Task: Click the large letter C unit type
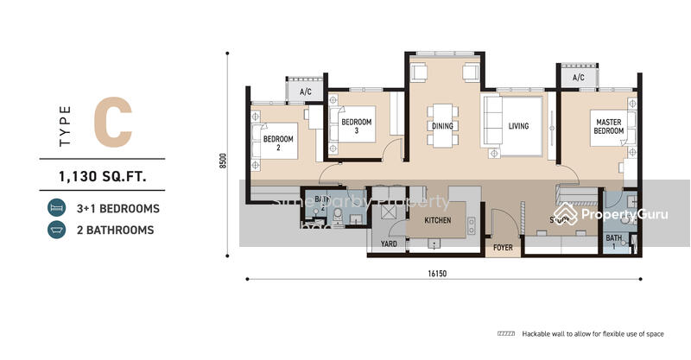tap(113, 123)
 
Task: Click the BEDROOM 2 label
tap(278, 143)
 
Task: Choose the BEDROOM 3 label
tap(356, 127)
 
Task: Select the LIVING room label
tap(518, 127)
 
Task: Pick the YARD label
tap(389, 245)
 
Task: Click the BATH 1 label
tap(613, 240)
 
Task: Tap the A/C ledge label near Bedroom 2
tap(305, 91)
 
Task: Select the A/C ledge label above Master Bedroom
tap(578, 78)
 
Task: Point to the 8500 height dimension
tap(223, 161)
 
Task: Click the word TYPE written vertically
tap(66, 126)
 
